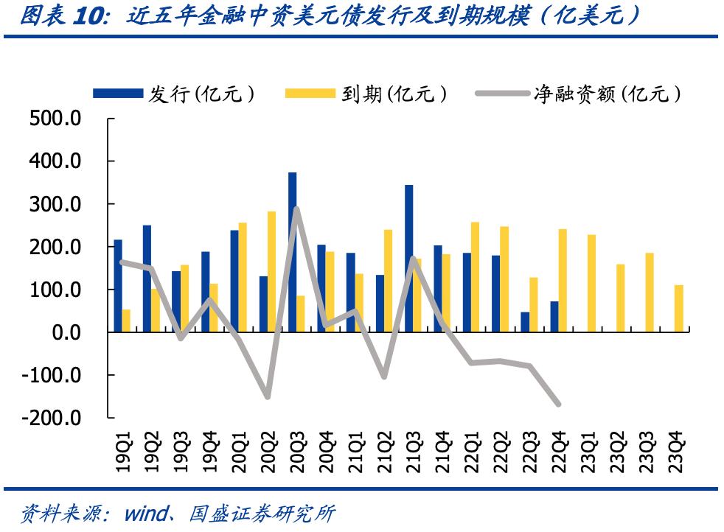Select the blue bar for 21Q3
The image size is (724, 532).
(408, 258)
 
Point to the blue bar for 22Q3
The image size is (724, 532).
(525, 322)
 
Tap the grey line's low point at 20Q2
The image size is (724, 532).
(267, 397)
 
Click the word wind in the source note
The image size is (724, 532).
(145, 513)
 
